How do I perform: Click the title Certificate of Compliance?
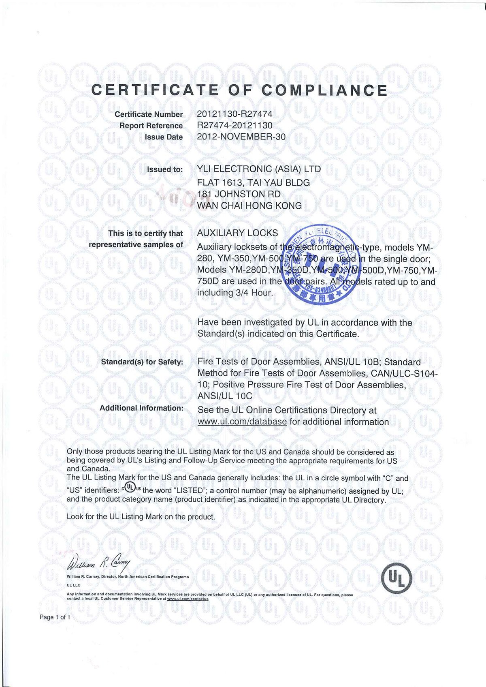(x=239, y=90)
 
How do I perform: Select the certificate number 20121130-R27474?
(x=234, y=114)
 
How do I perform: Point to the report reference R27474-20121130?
(x=234, y=126)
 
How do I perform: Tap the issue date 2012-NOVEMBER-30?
(x=241, y=137)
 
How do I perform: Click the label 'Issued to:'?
(x=165, y=169)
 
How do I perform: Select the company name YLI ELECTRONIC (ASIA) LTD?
(x=259, y=169)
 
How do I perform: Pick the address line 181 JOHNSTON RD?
(x=239, y=194)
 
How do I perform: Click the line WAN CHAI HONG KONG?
(x=249, y=205)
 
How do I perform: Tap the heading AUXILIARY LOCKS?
(x=237, y=233)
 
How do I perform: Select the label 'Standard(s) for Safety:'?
(x=142, y=362)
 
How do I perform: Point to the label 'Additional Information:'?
(x=142, y=408)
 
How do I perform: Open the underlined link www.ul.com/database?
(x=242, y=422)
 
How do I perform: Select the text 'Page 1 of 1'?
(x=55, y=617)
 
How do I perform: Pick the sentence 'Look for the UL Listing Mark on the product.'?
(x=141, y=517)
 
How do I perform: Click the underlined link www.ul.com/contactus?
(x=188, y=599)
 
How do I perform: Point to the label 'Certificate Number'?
(x=149, y=115)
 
